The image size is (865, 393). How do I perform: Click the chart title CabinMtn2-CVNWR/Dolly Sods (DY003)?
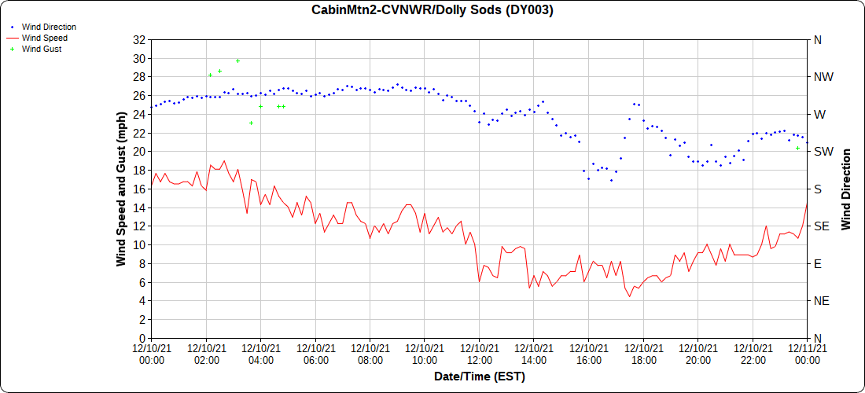tap(432, 9)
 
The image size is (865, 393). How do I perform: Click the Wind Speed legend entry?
tap(44, 38)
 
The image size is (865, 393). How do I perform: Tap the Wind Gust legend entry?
tap(42, 49)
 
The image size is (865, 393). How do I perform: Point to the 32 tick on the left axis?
tap(140, 39)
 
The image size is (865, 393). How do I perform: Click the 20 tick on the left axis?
tap(140, 151)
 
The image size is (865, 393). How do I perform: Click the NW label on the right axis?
tap(823, 77)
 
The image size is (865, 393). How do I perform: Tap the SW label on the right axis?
tap(823, 151)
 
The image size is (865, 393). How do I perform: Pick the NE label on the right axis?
tap(822, 300)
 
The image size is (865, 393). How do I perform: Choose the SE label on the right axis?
tap(822, 226)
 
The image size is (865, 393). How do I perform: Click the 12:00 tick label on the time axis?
tap(479, 354)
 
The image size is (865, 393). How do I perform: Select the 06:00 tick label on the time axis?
tap(315, 354)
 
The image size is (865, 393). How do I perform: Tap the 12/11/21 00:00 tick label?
tap(808, 354)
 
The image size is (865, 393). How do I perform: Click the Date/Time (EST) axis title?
tap(480, 376)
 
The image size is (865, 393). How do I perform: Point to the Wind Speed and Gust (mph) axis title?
tap(121, 189)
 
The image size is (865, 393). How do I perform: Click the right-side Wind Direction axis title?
tap(846, 189)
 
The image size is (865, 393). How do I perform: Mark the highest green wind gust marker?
tap(237, 61)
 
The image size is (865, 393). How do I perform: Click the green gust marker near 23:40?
tap(797, 148)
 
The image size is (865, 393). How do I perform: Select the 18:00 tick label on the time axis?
tap(643, 354)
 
